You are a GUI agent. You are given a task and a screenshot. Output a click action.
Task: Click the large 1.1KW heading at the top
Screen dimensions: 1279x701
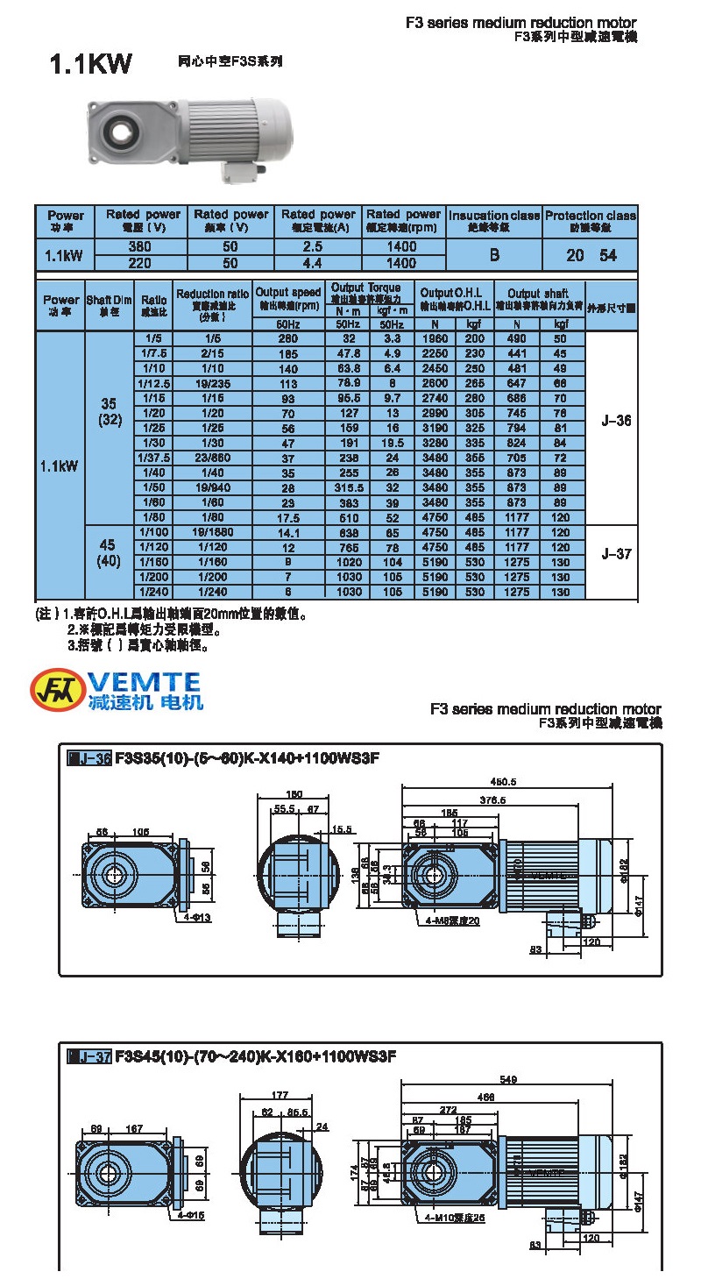91,65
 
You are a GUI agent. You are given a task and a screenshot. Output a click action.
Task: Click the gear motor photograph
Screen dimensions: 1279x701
189,137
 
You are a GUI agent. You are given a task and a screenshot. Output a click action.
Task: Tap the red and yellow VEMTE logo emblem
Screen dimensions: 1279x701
58,690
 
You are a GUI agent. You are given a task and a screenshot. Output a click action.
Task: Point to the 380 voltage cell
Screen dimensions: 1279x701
139,247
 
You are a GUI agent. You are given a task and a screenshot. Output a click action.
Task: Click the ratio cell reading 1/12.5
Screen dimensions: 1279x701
153,383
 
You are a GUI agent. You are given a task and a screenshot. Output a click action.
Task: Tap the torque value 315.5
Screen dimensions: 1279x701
349,487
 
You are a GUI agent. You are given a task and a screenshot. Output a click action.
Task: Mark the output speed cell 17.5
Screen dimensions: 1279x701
288,517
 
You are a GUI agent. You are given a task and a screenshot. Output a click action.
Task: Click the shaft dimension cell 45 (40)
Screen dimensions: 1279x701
110,554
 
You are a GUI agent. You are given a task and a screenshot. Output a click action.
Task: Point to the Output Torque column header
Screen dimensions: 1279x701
365,288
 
